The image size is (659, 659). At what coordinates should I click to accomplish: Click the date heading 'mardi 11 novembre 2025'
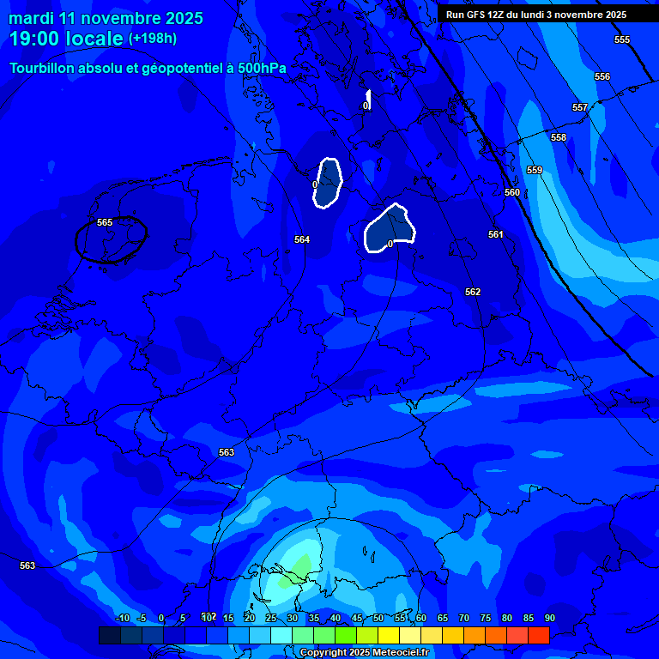[106, 18]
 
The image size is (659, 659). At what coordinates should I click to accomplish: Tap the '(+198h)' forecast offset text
[153, 38]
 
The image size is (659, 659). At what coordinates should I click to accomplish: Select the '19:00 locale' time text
[66, 39]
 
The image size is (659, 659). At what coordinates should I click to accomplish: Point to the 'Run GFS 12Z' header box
[536, 15]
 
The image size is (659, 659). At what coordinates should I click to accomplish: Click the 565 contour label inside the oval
[105, 222]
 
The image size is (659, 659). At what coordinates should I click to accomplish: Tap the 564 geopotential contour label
[302, 239]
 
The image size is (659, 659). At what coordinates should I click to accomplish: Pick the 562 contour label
[473, 292]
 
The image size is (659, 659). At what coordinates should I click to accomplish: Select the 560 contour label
[512, 192]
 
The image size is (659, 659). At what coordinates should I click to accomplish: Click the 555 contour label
[622, 39]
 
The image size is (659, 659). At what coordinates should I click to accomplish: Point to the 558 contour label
[559, 137]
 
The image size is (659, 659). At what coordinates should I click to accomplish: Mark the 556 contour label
[602, 76]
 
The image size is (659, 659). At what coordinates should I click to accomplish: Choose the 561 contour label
[496, 234]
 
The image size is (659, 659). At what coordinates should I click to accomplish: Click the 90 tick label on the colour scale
[549, 618]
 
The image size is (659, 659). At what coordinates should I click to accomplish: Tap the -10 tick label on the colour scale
[123, 618]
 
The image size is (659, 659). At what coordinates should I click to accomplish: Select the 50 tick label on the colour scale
[378, 618]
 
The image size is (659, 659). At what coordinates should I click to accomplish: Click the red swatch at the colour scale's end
[538, 635]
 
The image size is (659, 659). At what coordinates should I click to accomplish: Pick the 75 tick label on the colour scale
[486, 618]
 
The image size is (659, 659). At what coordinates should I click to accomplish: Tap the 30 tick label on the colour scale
[293, 618]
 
